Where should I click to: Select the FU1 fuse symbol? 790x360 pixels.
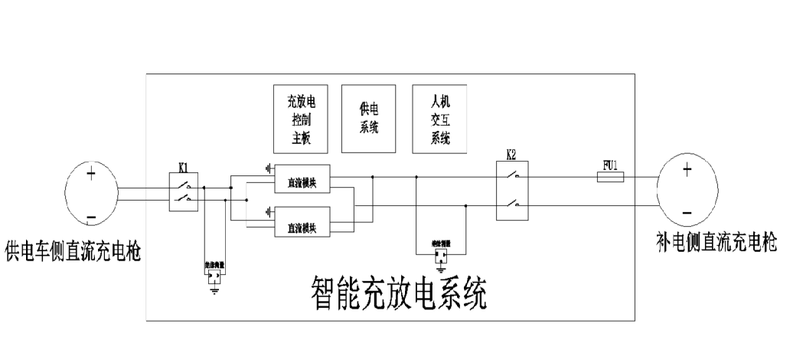(610, 177)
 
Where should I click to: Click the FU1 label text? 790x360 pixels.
(609, 164)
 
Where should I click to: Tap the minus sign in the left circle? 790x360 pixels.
(91, 219)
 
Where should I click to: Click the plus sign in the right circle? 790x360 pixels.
(687, 170)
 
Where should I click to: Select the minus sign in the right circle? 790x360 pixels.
(687, 211)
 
